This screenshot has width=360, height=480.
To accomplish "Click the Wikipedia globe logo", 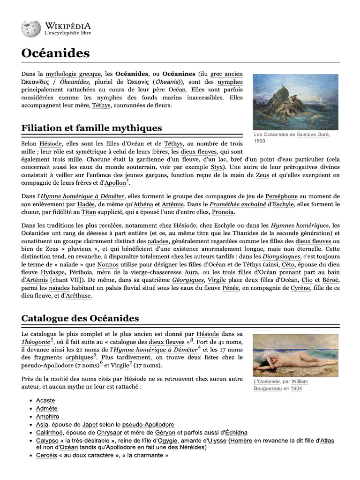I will [x=31, y=29].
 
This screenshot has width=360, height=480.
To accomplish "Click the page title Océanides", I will [x=55, y=53].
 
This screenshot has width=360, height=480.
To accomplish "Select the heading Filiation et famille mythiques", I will [x=92, y=127].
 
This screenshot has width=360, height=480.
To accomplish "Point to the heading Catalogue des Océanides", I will [x=80, y=318].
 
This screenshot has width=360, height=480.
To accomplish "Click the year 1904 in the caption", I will [x=296, y=389].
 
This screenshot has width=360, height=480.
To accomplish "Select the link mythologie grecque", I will [x=73, y=74].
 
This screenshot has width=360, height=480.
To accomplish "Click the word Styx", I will [x=217, y=167].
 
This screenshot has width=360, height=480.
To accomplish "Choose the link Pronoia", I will [x=224, y=212].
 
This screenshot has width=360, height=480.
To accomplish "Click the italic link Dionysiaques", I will [x=279, y=257].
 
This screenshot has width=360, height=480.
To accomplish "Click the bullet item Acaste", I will [x=45, y=400].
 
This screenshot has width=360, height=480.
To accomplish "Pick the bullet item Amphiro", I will [x=47, y=416].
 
